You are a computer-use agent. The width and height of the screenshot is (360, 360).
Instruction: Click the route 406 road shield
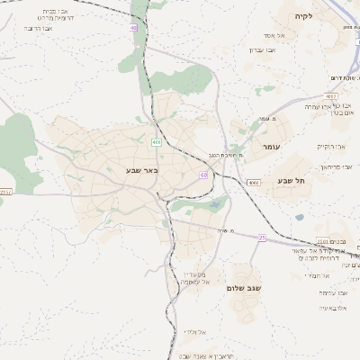[x=157, y=141]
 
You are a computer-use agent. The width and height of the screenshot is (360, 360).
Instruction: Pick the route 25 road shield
[x=262, y=238]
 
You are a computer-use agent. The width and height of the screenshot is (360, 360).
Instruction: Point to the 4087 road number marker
[x=330, y=94]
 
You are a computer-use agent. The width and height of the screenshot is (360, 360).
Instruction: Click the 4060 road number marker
[x=253, y=182]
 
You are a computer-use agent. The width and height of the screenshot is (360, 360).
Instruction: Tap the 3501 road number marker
[x=324, y=241]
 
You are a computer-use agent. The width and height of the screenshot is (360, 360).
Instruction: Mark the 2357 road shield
[x=6, y=192]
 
